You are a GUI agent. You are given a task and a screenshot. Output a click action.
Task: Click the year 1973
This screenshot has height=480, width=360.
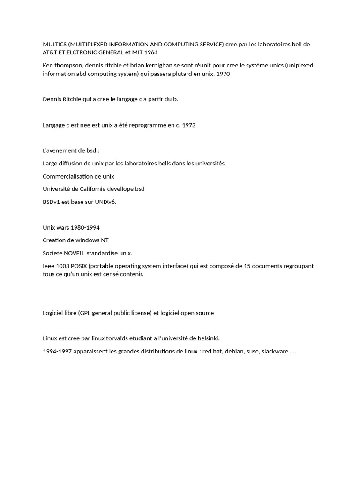(188, 125)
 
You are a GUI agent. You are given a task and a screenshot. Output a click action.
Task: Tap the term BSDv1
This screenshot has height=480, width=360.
(51, 202)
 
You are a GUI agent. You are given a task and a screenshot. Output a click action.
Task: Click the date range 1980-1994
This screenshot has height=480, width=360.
(85, 228)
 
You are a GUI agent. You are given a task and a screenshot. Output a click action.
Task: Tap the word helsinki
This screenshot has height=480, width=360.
(207, 338)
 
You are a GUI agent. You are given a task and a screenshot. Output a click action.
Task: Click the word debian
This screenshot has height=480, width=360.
(234, 351)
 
